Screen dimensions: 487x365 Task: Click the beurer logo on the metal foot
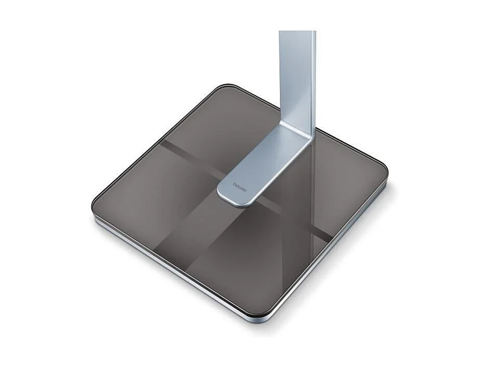tap(240, 187)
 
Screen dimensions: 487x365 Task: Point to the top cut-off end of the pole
tap(297, 32)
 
